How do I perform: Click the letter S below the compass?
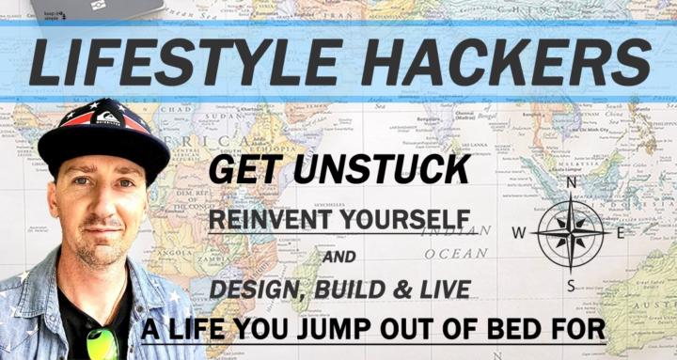571,285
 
